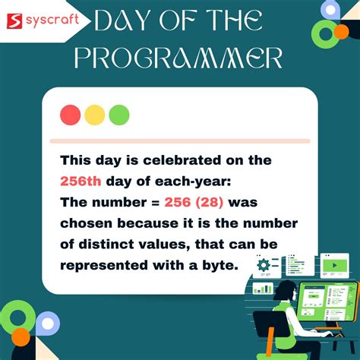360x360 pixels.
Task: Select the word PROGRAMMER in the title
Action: point(180,58)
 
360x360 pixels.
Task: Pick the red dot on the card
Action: point(71,115)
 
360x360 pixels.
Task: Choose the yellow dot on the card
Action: point(95,115)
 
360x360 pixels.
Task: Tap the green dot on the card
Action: point(118,115)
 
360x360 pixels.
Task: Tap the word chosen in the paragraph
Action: point(85,223)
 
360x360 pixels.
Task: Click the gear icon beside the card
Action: point(264,264)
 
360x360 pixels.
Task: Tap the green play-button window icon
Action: point(334,267)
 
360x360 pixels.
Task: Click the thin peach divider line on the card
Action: point(179,141)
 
